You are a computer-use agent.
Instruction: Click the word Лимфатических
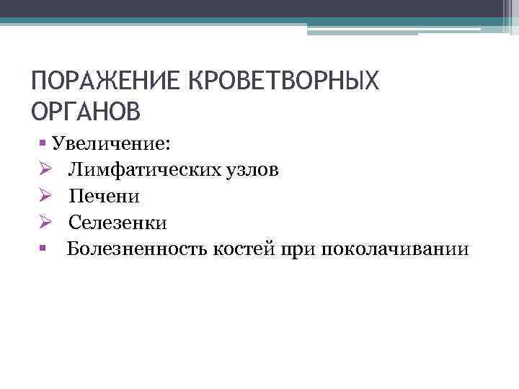point(146,169)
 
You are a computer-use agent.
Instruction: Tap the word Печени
point(105,196)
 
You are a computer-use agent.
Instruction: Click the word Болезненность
point(137,249)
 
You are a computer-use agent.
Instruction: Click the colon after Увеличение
point(168,145)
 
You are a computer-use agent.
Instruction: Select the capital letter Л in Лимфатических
point(75,169)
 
